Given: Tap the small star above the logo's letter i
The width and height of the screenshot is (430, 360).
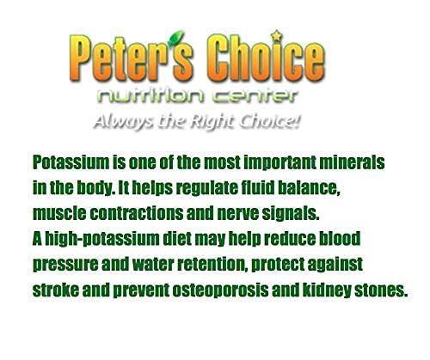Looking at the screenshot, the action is click(276, 36).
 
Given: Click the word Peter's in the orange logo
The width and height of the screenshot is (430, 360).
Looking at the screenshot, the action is click(131, 58).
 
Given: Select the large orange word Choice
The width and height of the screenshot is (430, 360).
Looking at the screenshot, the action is click(267, 58).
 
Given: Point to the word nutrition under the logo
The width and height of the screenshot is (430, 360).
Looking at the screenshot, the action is click(150, 96).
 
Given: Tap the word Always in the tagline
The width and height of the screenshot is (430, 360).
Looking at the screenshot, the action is click(124, 121).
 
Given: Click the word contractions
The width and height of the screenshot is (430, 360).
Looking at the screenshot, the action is click(137, 214).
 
